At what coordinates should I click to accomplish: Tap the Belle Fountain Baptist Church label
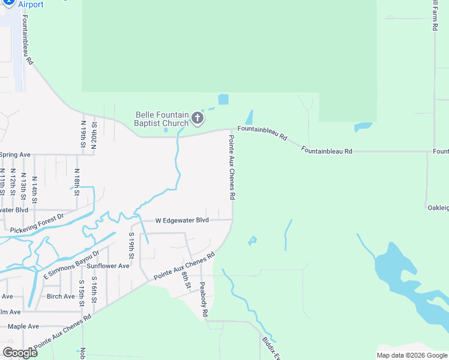tap(162, 119)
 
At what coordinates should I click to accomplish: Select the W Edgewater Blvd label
tap(182, 220)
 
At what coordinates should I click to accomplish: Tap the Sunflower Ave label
tap(108, 266)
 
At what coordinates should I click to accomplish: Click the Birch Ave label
tap(61, 296)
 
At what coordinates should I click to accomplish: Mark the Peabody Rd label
tap(203, 299)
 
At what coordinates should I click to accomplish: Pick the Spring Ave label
tap(15, 155)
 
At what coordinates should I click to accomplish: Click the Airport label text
tap(31, 5)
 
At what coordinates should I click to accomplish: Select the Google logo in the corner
tap(20, 353)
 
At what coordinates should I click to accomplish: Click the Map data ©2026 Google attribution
tap(412, 355)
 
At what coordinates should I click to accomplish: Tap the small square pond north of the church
tap(223, 99)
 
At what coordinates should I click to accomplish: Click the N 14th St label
tap(34, 188)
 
